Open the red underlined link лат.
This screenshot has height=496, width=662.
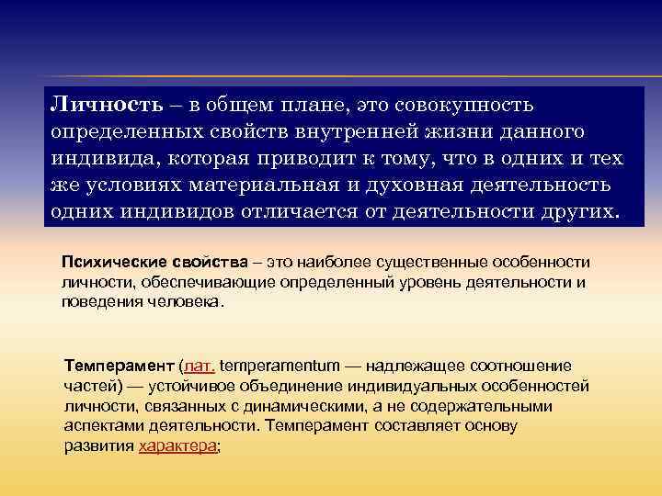click(200, 366)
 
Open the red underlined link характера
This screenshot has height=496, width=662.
click(178, 446)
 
